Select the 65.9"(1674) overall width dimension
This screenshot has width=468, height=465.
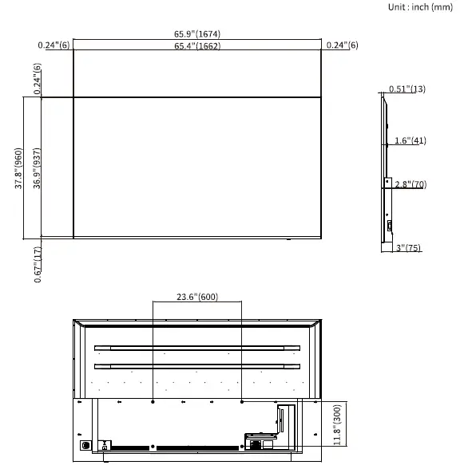pos(197,34)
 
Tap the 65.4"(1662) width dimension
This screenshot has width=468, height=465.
pos(197,46)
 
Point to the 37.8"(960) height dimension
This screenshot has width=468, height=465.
pos(18,168)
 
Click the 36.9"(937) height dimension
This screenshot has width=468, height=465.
pos(35,168)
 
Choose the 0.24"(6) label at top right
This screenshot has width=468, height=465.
pos(342,45)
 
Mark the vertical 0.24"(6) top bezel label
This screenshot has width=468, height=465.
pos(38,80)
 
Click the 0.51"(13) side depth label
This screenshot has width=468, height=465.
pos(407,89)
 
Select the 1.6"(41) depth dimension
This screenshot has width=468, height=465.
pos(410,141)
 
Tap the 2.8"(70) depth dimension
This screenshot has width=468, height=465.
pos(410,185)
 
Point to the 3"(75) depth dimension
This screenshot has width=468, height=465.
pos(408,249)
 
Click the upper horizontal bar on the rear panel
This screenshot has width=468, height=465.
pos(196,348)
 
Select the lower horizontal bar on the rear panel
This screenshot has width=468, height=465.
pos(196,365)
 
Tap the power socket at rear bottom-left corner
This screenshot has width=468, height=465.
pos(85,445)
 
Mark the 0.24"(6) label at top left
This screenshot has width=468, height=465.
pos(54,45)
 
